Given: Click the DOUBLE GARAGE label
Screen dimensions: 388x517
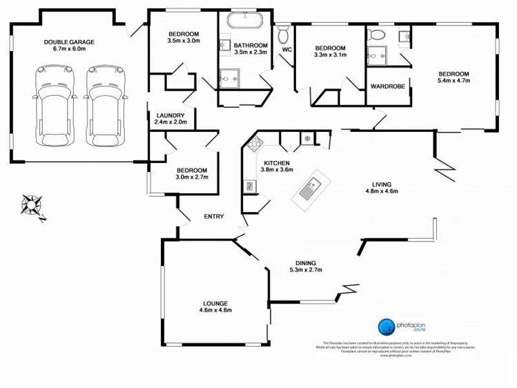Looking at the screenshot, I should [x=69, y=41].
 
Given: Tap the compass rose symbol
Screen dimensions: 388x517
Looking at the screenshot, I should [x=32, y=204].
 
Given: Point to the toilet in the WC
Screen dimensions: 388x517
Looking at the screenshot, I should [x=283, y=35].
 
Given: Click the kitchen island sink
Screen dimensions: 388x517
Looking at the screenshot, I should [x=311, y=186].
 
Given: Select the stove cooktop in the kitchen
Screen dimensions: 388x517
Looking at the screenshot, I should [x=253, y=145].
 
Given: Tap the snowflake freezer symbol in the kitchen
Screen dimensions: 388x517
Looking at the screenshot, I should [x=307, y=139].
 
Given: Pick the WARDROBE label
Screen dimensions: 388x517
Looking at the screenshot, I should [x=387, y=86].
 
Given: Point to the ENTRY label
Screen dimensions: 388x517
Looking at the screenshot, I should [x=213, y=217].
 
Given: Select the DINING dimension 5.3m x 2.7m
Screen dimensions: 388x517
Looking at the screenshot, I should [x=306, y=270].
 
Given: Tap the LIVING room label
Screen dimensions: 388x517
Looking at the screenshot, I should [x=382, y=184].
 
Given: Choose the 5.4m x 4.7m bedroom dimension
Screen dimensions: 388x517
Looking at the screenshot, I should [x=453, y=81].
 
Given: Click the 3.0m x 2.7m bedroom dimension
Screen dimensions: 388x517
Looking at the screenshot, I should [x=191, y=177].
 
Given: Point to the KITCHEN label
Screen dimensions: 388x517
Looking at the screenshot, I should [x=277, y=162].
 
